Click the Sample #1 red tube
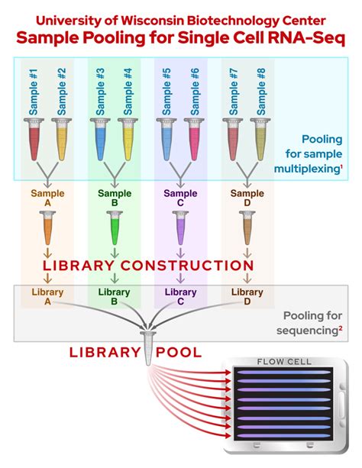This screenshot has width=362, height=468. (34, 139)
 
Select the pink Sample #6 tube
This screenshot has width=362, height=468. (194, 139)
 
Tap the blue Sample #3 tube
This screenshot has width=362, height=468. (100, 139)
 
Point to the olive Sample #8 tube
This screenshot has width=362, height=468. (260, 139)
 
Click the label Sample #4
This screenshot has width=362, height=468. (128, 92)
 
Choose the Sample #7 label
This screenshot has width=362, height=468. (234, 92)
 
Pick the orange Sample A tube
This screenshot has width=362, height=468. (48, 228)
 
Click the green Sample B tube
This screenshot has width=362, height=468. (115, 228)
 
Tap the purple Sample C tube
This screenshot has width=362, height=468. (180, 228)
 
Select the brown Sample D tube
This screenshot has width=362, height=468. (247, 228)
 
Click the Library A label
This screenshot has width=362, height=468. (48, 296)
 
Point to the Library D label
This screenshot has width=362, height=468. (247, 296)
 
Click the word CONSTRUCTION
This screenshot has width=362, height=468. (187, 266)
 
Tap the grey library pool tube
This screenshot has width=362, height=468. (148, 348)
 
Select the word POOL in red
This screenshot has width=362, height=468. (179, 353)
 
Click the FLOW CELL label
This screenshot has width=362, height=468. (284, 362)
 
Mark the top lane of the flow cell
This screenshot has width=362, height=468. (283, 373)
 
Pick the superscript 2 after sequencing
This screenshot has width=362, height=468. (340, 328)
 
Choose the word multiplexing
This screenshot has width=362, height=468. (306, 169)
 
